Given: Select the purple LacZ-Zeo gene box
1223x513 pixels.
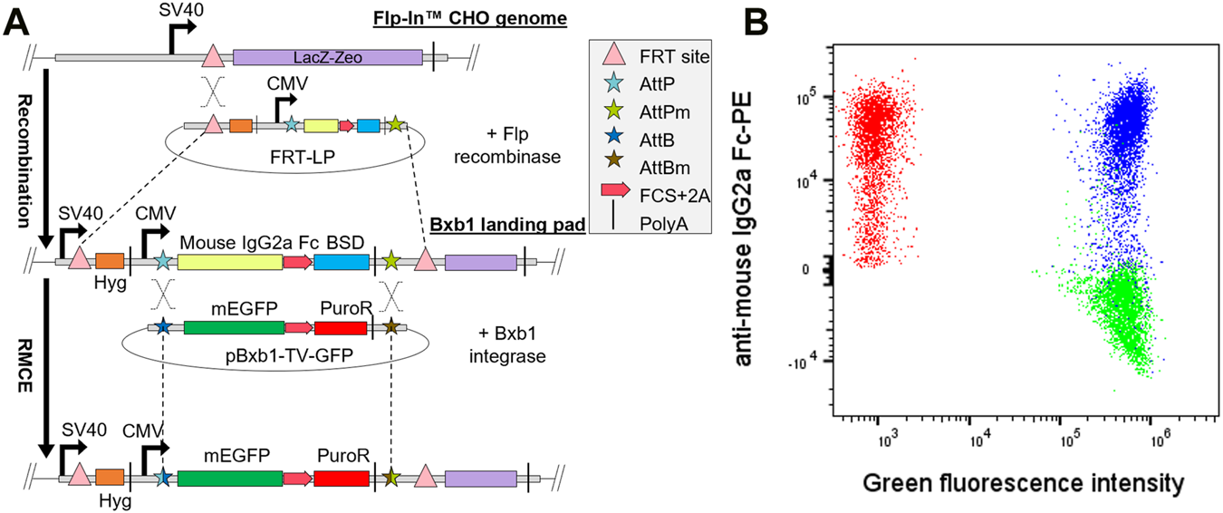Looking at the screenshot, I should coord(327,58).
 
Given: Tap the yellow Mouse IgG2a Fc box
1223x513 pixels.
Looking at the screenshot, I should coord(229,261).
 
